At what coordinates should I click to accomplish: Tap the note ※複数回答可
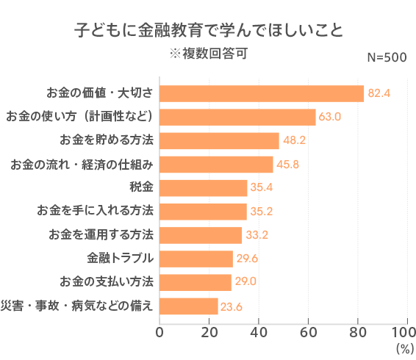tap(209, 54)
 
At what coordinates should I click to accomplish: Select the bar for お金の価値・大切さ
tap(262, 93)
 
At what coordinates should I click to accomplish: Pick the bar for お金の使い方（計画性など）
tap(237, 117)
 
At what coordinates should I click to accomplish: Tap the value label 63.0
tap(329, 117)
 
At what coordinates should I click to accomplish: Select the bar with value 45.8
tap(216, 164)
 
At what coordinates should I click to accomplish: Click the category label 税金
tap(141, 187)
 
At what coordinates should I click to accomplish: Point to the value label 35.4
tap(261, 187)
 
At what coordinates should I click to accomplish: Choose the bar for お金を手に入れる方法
tap(203, 211)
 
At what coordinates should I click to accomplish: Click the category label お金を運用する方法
tap(101, 235)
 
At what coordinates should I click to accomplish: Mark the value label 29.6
tap(246, 259)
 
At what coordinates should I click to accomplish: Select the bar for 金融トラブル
tap(196, 259)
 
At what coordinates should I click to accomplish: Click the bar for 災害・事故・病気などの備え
tap(189, 306)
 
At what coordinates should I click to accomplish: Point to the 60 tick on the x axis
tap(308, 331)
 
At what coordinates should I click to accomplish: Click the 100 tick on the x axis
tap(406, 331)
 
